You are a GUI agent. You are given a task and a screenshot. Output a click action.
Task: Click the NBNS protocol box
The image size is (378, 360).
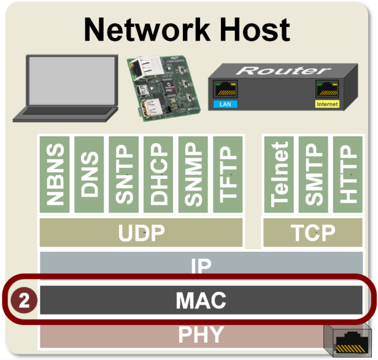click(x=55, y=175)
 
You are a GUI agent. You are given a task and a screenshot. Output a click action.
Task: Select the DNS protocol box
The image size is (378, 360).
click(x=90, y=175)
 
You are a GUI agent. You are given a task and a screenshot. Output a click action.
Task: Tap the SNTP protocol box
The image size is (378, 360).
click(x=124, y=175)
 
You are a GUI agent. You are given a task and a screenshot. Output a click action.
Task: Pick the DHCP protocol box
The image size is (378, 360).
click(x=159, y=175)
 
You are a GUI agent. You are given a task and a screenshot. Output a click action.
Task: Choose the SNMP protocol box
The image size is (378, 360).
click(x=193, y=175)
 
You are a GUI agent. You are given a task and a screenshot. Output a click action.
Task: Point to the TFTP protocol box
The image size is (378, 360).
click(x=228, y=175)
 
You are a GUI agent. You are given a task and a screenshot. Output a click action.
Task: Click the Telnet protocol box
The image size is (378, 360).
click(x=279, y=175)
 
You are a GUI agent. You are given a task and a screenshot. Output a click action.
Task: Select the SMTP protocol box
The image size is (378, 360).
click(x=314, y=175)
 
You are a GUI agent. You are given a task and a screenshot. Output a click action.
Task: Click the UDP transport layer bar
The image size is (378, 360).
click(x=142, y=233)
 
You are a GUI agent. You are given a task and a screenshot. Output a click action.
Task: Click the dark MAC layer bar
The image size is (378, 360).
click(x=202, y=300)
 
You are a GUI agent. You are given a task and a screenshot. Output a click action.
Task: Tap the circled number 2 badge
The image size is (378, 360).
click(x=24, y=301)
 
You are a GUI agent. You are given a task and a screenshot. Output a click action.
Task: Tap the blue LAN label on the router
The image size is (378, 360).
click(x=225, y=104)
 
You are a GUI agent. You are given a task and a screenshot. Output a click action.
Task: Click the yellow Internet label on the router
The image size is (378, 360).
click(x=327, y=104)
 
